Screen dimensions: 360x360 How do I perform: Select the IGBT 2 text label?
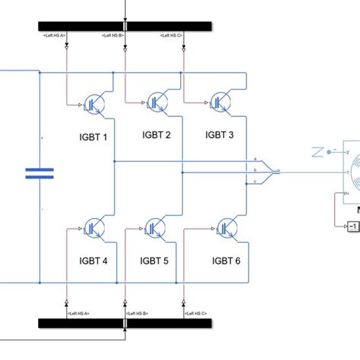(x=156, y=134)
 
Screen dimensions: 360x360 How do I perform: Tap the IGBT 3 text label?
(x=219, y=134)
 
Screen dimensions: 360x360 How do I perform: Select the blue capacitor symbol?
(x=39, y=174)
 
